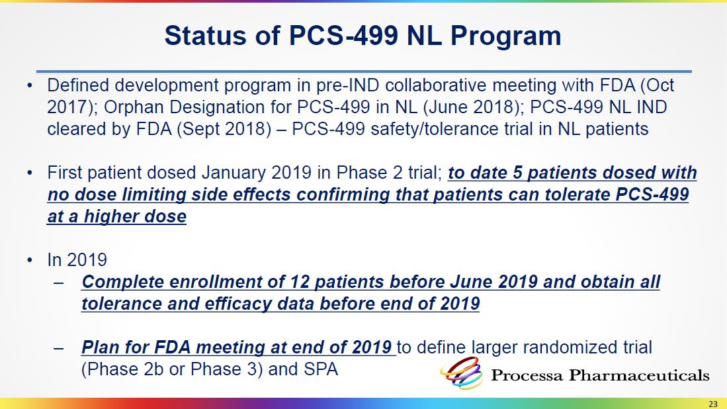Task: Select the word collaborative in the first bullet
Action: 436,86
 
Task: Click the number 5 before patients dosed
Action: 517,173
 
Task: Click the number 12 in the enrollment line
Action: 300,282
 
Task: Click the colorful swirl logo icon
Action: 462,373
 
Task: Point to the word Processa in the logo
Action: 527,375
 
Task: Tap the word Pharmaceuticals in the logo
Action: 640,375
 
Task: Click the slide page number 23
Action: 713,404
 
